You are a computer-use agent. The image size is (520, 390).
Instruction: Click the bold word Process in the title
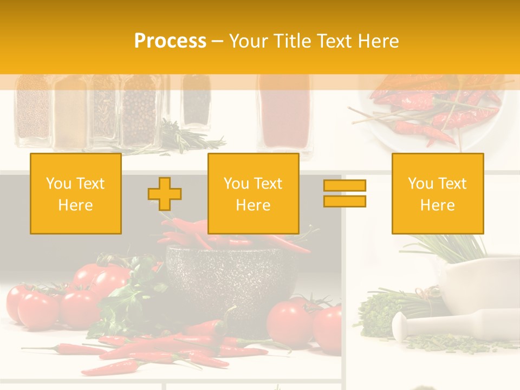point(170,41)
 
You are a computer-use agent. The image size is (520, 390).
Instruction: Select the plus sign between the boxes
point(165,193)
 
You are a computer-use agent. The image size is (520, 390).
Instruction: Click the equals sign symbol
point(344,193)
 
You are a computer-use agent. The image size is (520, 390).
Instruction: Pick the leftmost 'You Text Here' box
point(76,193)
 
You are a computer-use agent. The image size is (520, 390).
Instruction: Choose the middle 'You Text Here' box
point(253,193)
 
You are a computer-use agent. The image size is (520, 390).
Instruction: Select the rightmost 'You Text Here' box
point(437,193)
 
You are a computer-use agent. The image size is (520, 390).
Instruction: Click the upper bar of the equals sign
point(344,186)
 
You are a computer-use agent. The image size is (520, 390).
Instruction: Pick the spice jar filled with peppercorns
point(140,114)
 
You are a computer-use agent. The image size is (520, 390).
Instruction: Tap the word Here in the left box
point(76,205)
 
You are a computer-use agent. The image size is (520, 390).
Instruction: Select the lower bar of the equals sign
point(344,201)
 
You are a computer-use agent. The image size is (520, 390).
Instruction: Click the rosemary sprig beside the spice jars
point(190,138)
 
